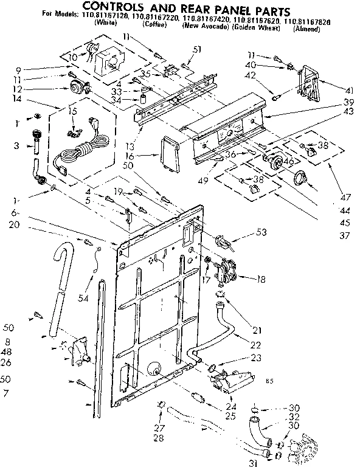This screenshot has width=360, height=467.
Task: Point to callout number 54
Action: [x=83, y=298]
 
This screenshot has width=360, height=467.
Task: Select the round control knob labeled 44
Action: [x=299, y=178]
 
